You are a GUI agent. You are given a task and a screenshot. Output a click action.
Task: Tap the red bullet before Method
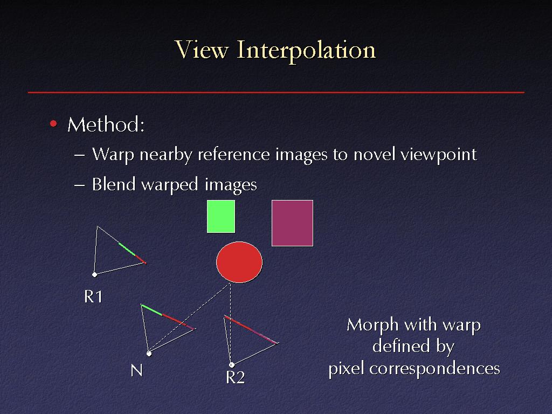coord(53,123)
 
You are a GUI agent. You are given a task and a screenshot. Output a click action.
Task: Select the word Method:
coord(106,125)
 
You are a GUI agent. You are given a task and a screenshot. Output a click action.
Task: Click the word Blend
coord(114,184)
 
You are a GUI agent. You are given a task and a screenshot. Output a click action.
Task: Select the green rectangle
coord(220,217)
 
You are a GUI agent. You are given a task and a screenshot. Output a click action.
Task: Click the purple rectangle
coord(292,223)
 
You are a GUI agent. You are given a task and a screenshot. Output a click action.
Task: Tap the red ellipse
coord(239,262)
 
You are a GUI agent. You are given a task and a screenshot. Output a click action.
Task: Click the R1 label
coord(93,296)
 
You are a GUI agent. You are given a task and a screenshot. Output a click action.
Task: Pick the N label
coord(136,370)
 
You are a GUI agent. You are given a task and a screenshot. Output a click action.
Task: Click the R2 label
coord(235,377)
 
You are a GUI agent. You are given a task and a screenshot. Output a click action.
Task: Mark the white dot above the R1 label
coord(94,274)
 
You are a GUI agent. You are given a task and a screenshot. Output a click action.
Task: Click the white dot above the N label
coord(149,354)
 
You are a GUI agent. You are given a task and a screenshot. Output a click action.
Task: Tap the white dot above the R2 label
coord(232,365)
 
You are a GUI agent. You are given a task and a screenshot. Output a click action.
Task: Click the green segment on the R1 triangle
coord(127,249)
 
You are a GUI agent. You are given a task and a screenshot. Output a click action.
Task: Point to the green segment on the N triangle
coord(151,310)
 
